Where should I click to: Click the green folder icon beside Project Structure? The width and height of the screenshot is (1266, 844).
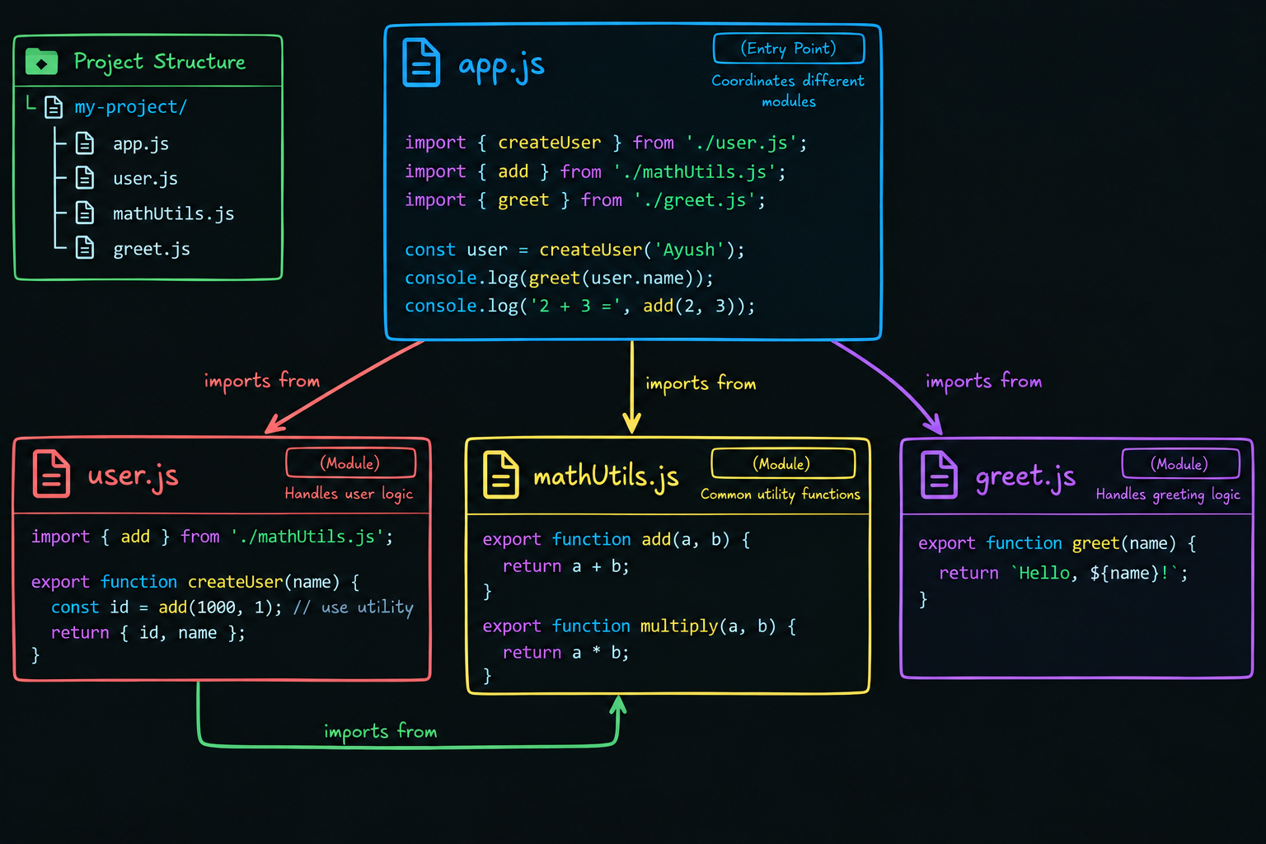(x=41, y=62)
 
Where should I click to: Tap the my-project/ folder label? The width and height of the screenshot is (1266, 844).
(x=130, y=107)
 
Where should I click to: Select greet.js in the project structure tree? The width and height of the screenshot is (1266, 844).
(x=152, y=249)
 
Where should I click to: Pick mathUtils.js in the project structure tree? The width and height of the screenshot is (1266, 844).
(x=174, y=213)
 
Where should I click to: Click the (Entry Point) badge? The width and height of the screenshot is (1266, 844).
(x=789, y=49)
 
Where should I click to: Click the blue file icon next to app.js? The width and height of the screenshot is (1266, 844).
(x=421, y=62)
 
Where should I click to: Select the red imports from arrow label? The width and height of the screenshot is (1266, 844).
(x=261, y=382)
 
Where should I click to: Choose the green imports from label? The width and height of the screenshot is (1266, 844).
(x=380, y=732)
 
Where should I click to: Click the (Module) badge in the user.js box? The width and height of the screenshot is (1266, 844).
(x=350, y=463)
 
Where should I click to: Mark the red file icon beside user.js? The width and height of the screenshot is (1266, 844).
(x=51, y=474)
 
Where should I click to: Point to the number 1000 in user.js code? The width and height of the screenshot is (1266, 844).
(x=216, y=607)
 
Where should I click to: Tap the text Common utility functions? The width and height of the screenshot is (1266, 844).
(x=781, y=494)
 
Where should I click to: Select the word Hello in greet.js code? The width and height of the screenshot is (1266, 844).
(x=1044, y=573)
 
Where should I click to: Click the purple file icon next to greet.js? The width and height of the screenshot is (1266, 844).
(x=939, y=475)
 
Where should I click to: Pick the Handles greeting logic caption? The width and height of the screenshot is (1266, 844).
(x=1168, y=495)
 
